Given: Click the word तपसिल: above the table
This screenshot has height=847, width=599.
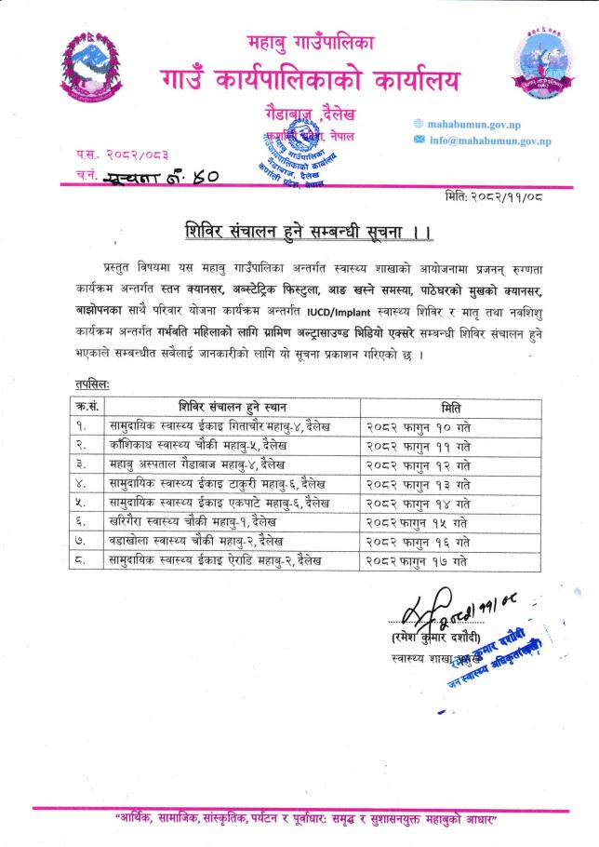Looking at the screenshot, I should [91, 384].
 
